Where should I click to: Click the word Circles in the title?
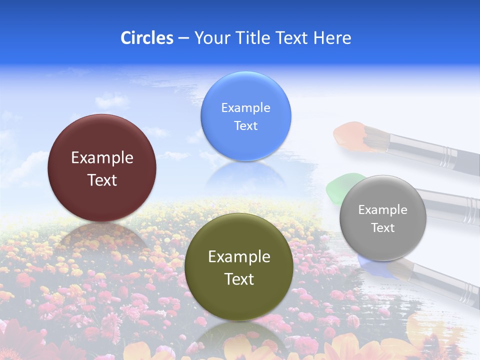(147, 38)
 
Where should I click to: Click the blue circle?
(245, 116)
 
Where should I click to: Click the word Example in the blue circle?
(245, 107)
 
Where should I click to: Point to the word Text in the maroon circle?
(102, 180)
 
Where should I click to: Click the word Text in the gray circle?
(383, 228)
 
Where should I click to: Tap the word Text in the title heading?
(292, 38)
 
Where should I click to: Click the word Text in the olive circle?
(239, 279)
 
